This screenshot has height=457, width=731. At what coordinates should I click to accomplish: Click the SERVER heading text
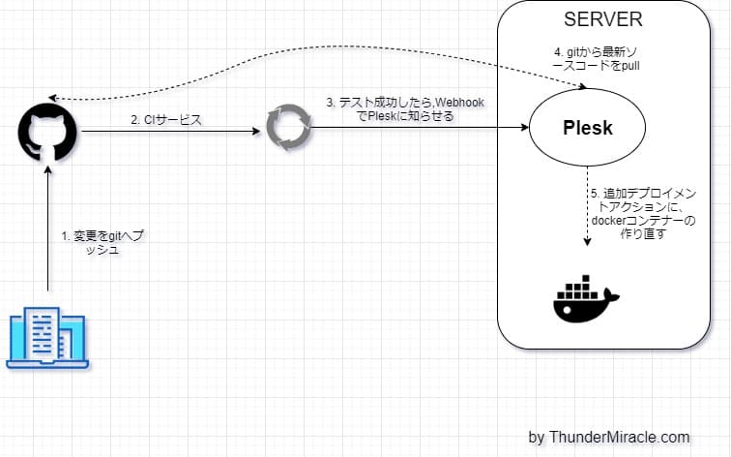pyautogui.click(x=600, y=20)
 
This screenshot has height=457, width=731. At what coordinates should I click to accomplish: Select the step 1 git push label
pyautogui.click(x=99, y=242)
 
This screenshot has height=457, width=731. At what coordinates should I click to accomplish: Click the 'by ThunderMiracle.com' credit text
pyautogui.click(x=609, y=437)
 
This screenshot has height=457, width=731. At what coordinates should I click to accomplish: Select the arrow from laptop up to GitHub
pyautogui.click(x=46, y=232)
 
